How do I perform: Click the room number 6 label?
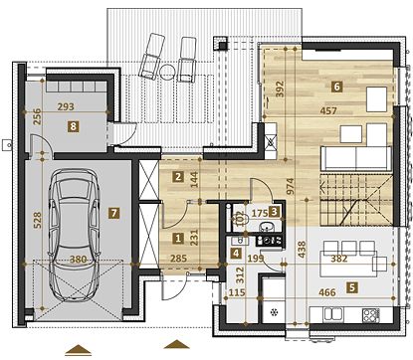tap(336, 87)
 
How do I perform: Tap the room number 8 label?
tap(73, 126)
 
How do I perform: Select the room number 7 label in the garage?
tap(114, 213)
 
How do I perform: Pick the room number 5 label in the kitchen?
tap(352, 287)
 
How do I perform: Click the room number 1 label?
tap(178, 238)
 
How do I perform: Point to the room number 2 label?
tap(178, 177)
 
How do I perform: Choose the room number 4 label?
tap(236, 254)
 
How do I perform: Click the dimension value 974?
tap(290, 186)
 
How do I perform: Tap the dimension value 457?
tap(328, 110)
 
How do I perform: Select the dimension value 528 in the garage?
tap(37, 220)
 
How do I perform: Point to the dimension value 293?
tap(66, 106)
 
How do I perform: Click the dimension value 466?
tap(327, 292)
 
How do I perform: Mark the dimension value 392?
tap(281, 89)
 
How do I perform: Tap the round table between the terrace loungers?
tap(168, 71)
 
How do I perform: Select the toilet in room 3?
tap(241, 218)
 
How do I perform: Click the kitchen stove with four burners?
tap(371, 315)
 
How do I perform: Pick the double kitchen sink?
tap(332, 314)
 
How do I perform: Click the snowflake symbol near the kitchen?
tap(274, 312)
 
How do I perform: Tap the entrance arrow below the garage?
tap(78, 350)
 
